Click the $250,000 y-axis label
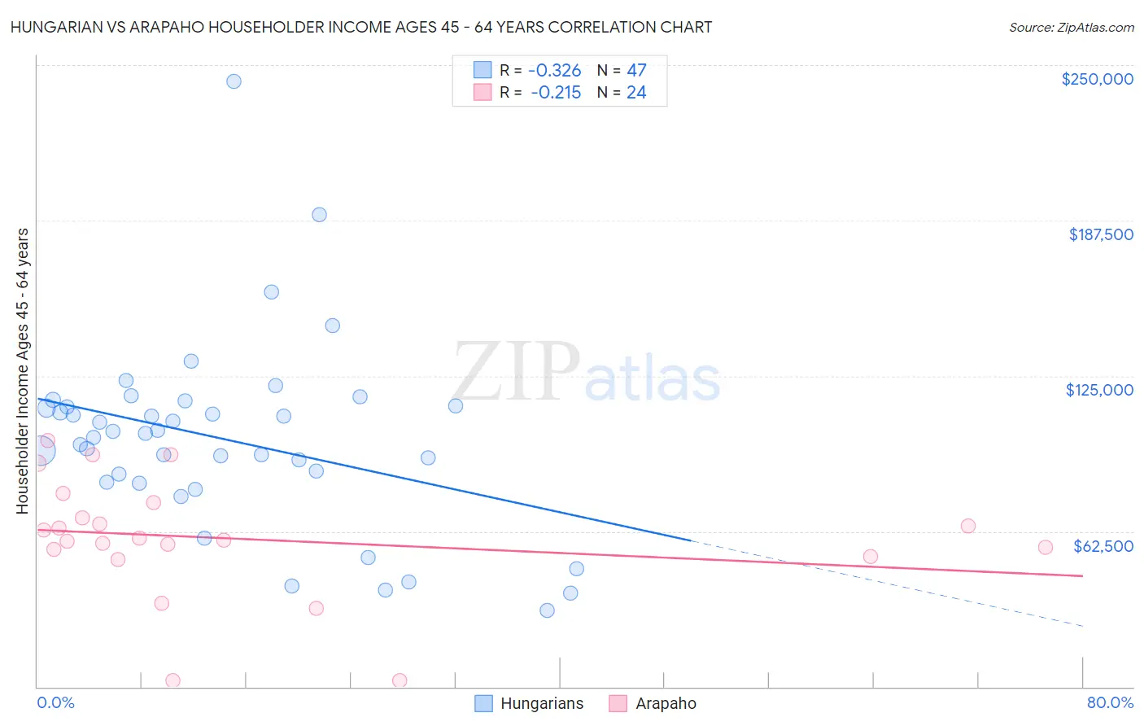point(1097,79)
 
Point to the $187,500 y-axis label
point(1100,234)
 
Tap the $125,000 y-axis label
point(1099,390)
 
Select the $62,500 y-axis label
point(1103,546)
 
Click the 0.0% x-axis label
point(55,702)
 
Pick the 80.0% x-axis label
point(1110,702)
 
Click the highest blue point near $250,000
point(234,81)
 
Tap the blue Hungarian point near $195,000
point(319,215)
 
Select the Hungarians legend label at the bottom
point(542,703)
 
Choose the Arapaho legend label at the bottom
point(666,703)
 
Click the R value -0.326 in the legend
point(554,71)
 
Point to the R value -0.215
point(556,93)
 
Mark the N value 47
point(636,71)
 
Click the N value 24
point(636,93)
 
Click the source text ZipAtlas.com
point(1071,28)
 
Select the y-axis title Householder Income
point(22,370)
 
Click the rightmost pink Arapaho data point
point(1046,547)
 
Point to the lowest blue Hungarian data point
point(547,610)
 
